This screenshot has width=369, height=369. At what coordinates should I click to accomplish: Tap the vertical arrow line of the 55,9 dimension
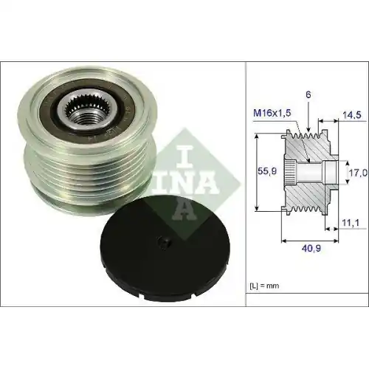point(257,171)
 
